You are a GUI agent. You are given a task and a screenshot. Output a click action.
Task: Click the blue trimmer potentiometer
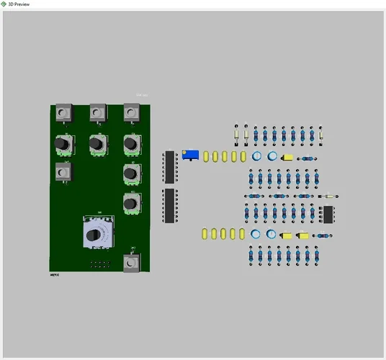click(190, 155)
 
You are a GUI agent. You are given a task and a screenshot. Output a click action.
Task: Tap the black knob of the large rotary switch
click(96, 233)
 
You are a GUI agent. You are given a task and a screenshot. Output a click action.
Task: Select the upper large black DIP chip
click(170, 166)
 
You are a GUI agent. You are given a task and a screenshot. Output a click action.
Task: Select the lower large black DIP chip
click(170, 205)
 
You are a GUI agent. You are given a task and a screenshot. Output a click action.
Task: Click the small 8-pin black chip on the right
click(328, 214)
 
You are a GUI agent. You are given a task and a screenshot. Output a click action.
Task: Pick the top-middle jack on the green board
click(97, 113)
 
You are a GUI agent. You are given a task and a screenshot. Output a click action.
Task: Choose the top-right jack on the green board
click(130, 113)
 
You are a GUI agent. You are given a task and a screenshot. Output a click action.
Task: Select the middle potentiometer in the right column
click(130, 174)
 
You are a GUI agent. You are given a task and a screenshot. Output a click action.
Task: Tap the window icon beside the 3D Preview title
click(4, 4)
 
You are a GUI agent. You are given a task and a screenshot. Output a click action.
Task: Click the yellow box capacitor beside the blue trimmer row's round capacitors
click(287, 156)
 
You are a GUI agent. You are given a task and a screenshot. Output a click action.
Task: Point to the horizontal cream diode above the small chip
click(328, 196)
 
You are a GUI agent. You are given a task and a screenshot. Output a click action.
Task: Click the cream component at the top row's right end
click(322, 134)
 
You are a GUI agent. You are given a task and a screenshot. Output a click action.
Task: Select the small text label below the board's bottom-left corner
click(55, 274)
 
